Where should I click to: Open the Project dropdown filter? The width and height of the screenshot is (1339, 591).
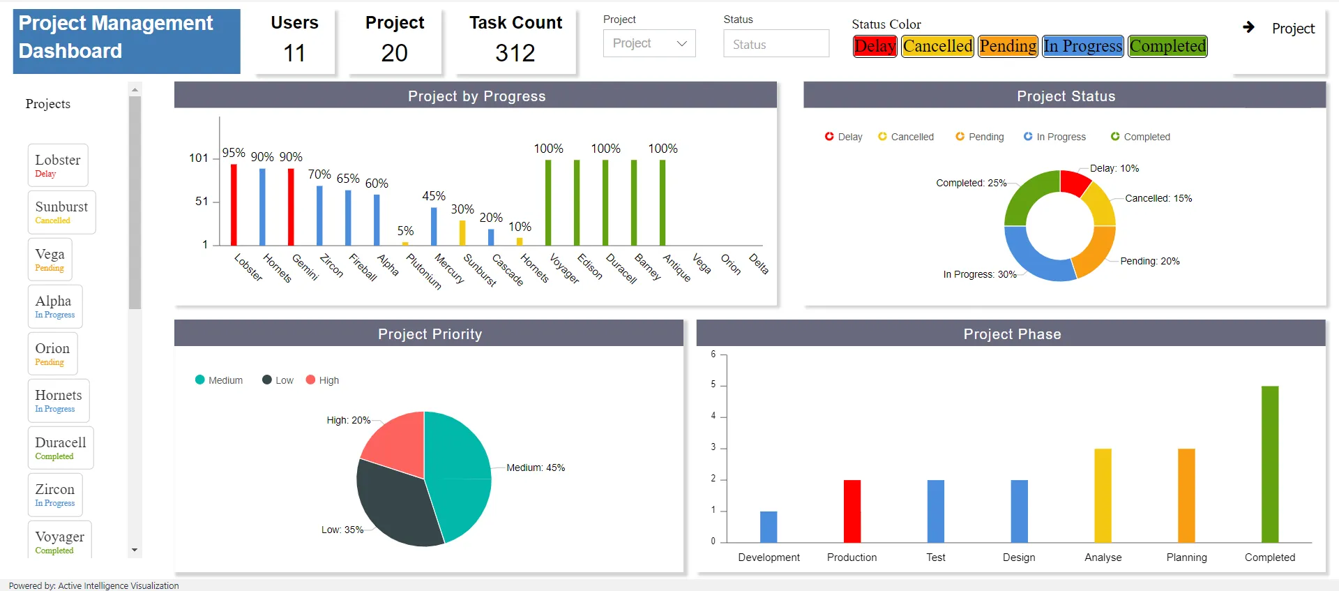pyautogui.click(x=649, y=43)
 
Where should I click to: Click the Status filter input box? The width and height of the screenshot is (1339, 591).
pyautogui.click(x=776, y=43)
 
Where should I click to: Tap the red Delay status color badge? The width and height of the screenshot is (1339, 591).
pyautogui.click(x=875, y=46)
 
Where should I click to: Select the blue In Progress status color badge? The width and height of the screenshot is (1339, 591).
pyautogui.click(x=1083, y=46)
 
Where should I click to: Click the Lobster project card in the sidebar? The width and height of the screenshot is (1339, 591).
pyautogui.click(x=58, y=165)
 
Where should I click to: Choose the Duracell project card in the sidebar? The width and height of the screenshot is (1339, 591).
pyautogui.click(x=61, y=448)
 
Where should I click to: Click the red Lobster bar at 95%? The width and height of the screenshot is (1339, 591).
pyautogui.click(x=234, y=204)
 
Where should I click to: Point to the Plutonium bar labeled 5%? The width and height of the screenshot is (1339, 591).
pyautogui.click(x=405, y=244)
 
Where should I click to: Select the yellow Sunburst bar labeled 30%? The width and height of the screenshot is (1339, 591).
pyautogui.click(x=462, y=233)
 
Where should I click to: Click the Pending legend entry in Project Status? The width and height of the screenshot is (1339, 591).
pyautogui.click(x=980, y=137)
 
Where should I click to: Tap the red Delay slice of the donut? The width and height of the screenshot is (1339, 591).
pyautogui.click(x=1074, y=182)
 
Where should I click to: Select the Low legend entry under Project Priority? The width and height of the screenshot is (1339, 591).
pyautogui.click(x=278, y=380)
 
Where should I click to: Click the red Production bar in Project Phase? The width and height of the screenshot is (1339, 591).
pyautogui.click(x=852, y=511)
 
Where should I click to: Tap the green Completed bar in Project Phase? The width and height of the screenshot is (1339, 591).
pyautogui.click(x=1270, y=465)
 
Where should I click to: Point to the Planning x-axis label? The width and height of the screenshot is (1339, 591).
pyautogui.click(x=1186, y=558)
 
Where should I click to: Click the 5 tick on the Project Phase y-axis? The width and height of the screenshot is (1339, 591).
pyautogui.click(x=713, y=384)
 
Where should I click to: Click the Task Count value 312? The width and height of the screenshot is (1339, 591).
pyautogui.click(x=515, y=53)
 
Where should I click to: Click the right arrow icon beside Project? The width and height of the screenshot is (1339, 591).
pyautogui.click(x=1248, y=27)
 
